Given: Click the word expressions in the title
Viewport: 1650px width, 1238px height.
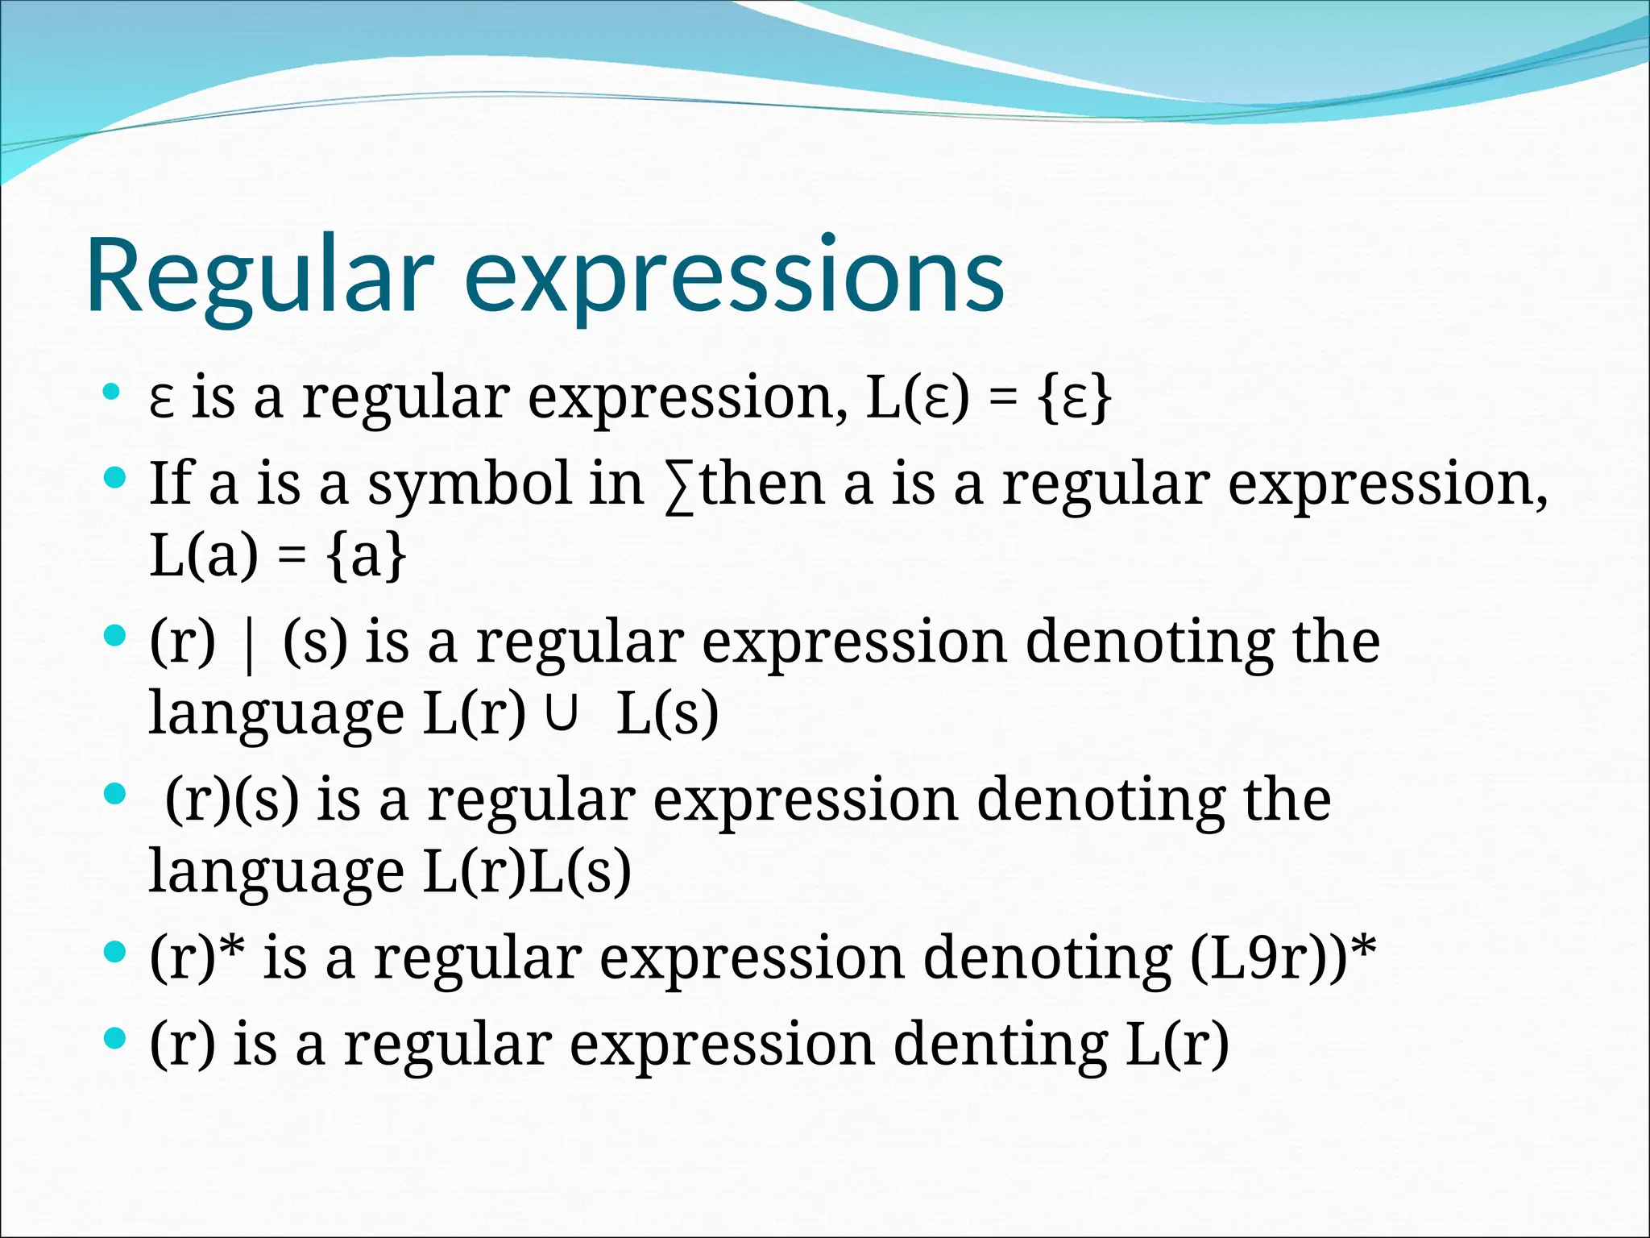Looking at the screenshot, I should pos(735,276).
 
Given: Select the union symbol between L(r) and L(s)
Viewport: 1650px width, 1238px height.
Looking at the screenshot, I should pos(562,712).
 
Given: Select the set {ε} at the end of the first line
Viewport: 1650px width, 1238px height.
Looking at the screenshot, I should pos(1076,399).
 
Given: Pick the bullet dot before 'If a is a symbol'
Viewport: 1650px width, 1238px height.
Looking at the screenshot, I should pos(115,479).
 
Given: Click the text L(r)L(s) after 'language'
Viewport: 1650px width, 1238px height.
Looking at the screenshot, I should pos(527,872).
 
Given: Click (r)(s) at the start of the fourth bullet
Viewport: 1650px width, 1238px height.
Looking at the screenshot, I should pos(232,800).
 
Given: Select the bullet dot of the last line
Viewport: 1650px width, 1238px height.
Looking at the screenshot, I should pos(115,1039).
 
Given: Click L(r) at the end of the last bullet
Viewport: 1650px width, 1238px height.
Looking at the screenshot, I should pos(1177,1045).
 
